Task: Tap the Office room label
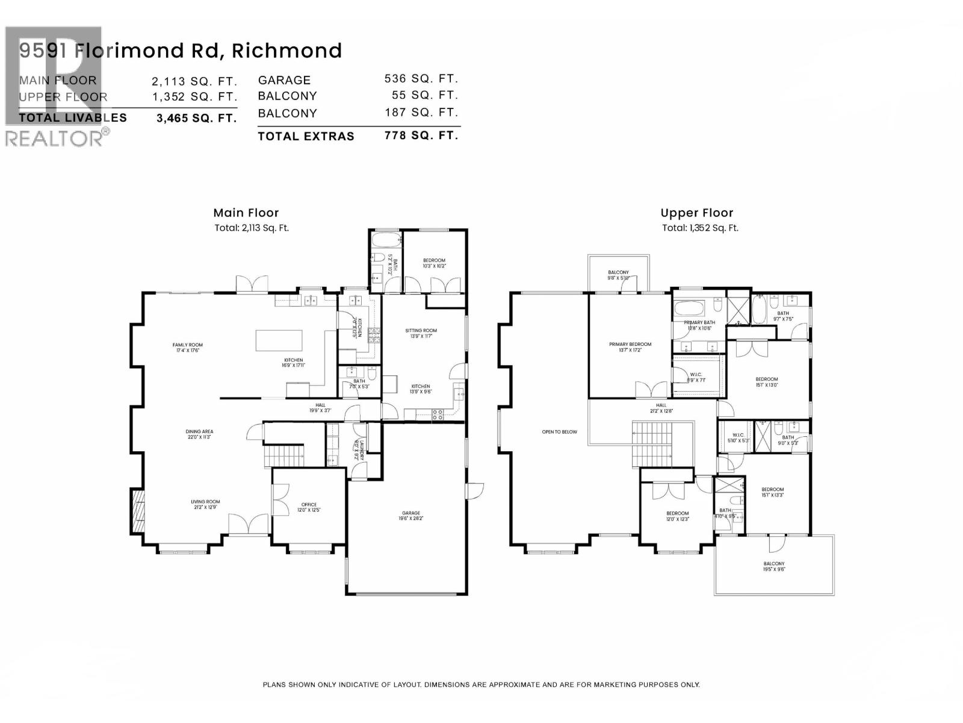pos(309,507)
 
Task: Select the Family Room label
pos(187,348)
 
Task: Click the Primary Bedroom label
pos(630,346)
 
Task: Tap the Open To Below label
pos(559,432)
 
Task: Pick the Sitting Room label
pos(421,333)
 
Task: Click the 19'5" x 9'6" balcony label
pos(774,566)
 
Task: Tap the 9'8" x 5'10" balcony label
pos(618,275)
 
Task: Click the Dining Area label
pos(199,434)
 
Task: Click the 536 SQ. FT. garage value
pos(421,79)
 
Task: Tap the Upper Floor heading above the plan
pos(696,213)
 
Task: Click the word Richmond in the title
pos(286,51)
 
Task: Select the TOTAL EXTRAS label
pos(306,137)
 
